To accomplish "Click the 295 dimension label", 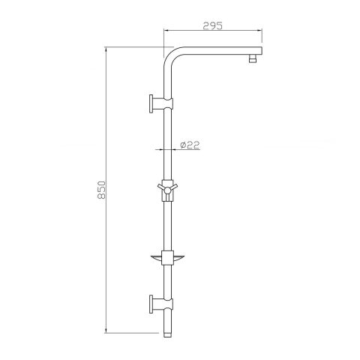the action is coord(212,25).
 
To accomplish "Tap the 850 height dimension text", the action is coord(101,190).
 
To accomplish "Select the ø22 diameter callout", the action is coord(190,145).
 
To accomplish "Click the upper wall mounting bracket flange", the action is coord(151,103).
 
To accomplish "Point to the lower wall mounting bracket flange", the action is coord(151,304).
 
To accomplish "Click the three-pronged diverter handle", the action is coord(167,190).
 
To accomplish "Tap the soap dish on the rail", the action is coord(167,259).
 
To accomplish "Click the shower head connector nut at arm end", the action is coord(253,58).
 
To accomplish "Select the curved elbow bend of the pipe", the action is coord(172,55).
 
